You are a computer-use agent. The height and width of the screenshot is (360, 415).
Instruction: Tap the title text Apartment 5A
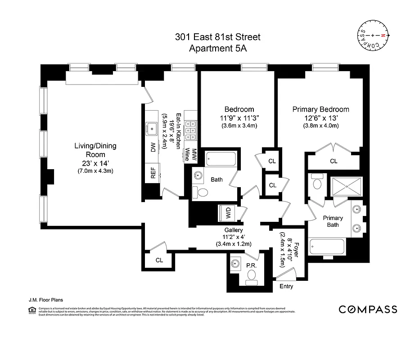point(217,49)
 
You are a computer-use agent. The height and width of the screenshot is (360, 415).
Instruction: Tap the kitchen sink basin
point(152,128)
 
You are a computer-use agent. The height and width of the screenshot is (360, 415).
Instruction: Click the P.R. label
point(251,266)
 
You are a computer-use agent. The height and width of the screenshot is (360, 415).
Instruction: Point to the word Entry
point(286,286)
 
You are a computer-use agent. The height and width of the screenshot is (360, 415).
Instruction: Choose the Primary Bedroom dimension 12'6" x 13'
point(320,117)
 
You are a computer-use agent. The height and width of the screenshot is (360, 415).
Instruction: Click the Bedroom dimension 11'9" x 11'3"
point(239,117)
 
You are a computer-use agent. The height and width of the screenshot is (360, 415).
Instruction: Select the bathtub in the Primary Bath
point(327,247)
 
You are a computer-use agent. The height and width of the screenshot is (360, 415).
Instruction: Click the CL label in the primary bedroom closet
point(334,161)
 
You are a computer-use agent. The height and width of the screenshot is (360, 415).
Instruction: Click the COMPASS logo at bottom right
point(368,309)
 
